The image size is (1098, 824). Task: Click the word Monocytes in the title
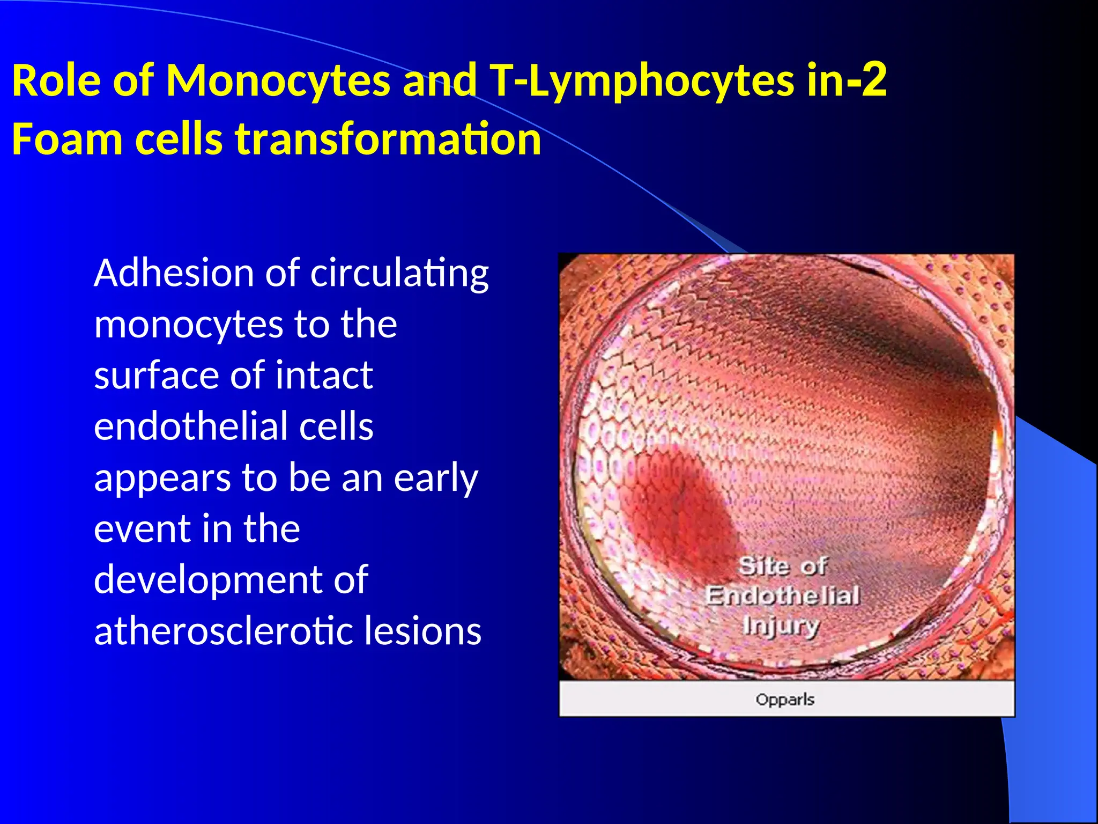point(278,81)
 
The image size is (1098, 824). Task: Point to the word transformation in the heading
point(388,139)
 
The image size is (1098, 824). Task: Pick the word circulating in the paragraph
point(399,274)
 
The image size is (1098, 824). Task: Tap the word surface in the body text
point(158,375)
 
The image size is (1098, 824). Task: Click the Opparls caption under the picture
point(785,700)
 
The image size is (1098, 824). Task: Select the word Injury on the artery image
point(781,626)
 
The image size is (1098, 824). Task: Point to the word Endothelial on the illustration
point(782,595)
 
